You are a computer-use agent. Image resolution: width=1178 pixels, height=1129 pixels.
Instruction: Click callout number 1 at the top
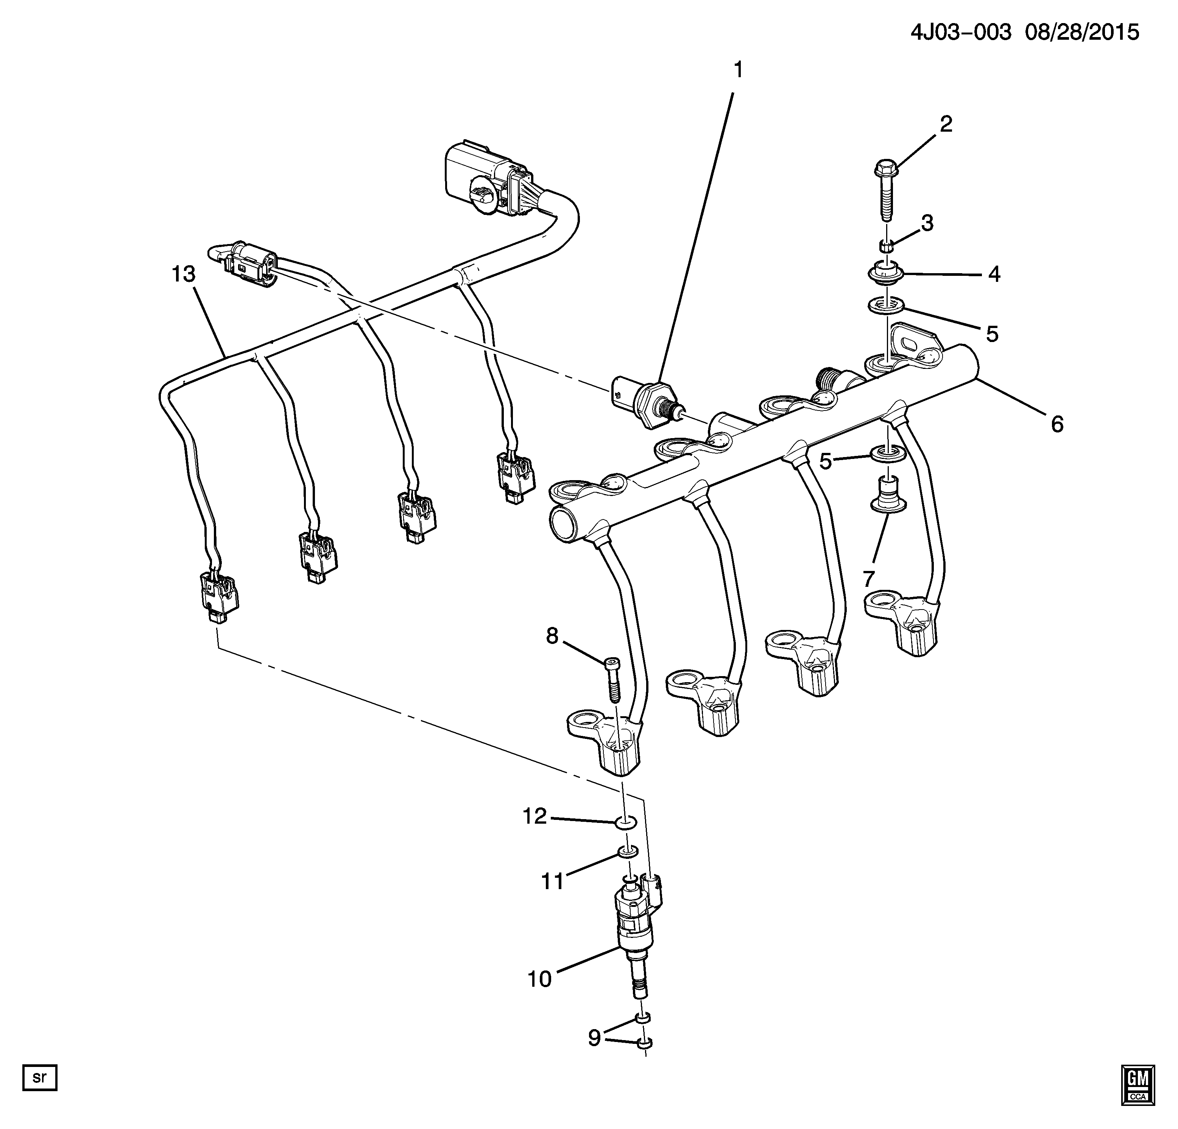click(x=738, y=71)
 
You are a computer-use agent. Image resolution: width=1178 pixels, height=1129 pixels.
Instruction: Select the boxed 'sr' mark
click(x=39, y=1077)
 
